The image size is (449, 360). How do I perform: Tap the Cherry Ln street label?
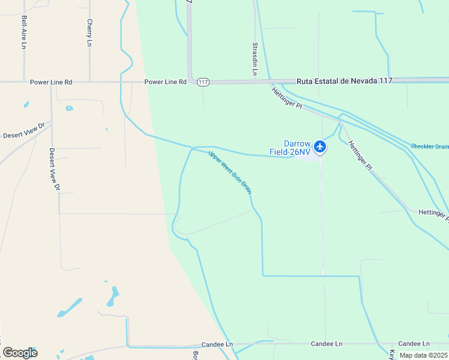pos(89,32)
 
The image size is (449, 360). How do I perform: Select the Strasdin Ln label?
pos(255,58)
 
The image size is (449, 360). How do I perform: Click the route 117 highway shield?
pos(203,82)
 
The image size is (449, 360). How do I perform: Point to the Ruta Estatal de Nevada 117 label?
pos(344,81)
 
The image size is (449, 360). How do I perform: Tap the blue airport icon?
pos(321,146)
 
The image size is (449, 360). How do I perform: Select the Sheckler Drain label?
pos(430,146)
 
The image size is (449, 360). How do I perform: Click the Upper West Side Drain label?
pos(230,172)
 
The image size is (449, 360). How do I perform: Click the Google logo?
pos(20,353)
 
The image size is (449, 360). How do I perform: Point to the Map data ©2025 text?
pos(424,355)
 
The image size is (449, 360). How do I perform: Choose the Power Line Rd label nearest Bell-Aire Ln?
pos(51,82)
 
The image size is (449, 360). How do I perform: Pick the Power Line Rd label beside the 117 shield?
pos(165,82)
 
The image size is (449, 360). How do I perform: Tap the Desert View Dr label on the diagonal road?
pos(24,131)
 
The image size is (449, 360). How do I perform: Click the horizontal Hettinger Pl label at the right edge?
pos(433,213)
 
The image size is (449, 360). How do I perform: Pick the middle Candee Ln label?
pos(326,344)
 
